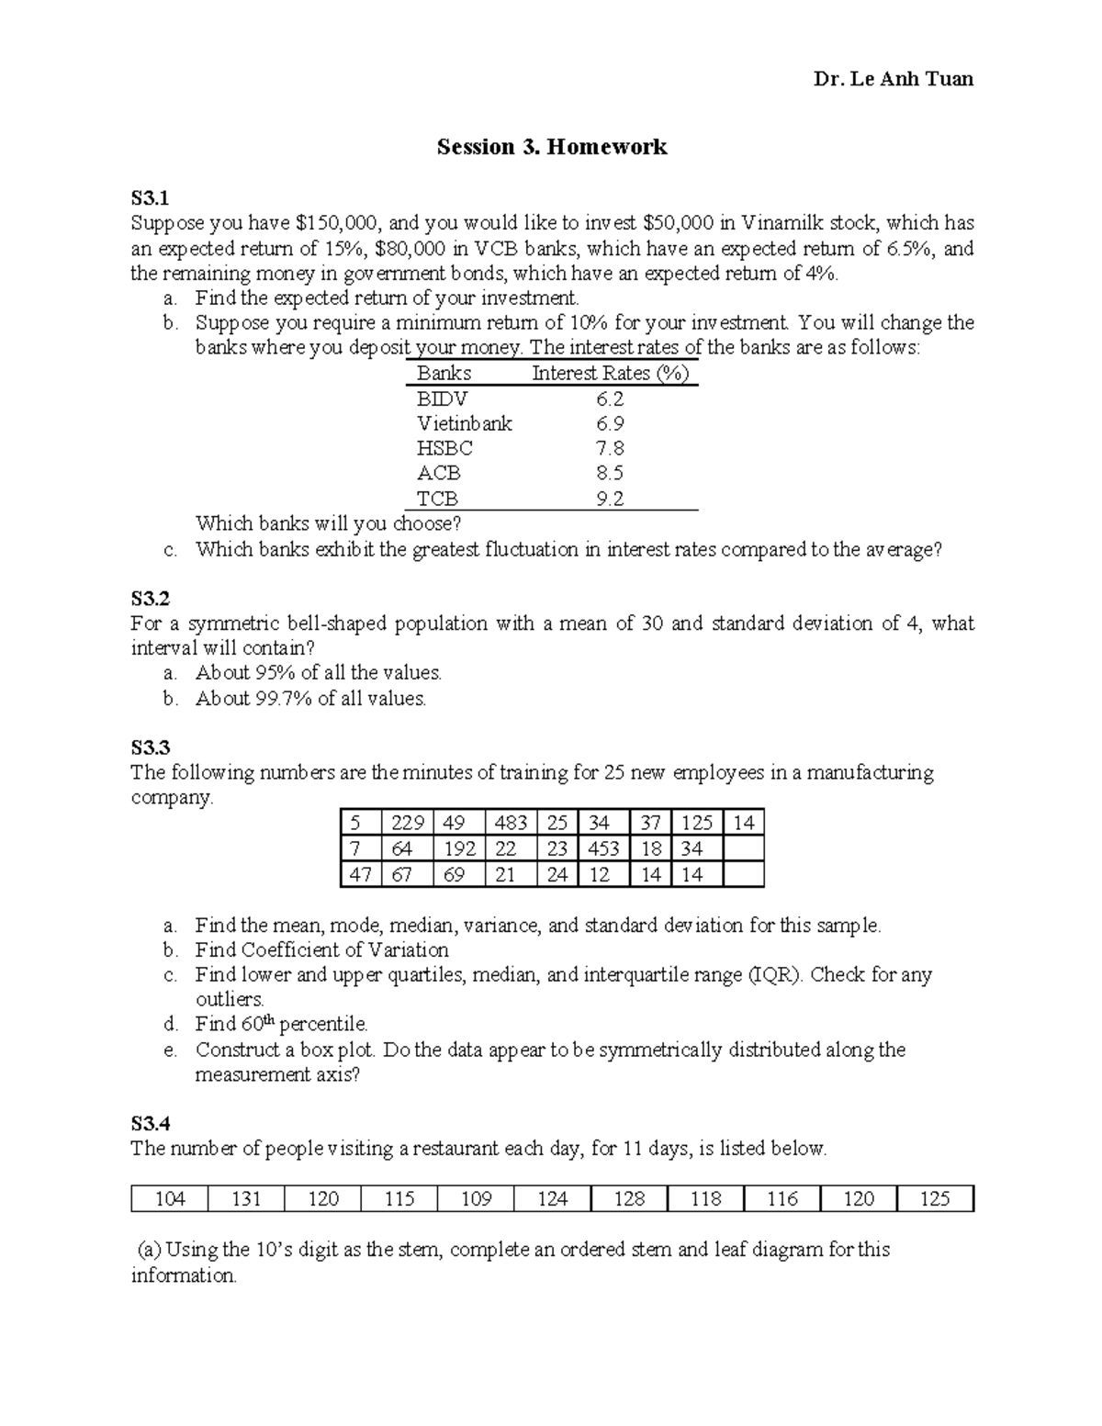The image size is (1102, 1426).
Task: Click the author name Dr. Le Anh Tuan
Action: point(893,79)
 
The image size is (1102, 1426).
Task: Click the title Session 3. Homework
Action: point(551,147)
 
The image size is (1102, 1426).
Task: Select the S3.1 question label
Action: point(150,197)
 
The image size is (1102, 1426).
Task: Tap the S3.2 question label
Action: point(150,599)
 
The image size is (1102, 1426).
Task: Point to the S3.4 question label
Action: point(150,1123)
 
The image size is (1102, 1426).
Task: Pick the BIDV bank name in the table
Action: point(442,399)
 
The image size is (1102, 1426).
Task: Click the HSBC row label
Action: point(444,448)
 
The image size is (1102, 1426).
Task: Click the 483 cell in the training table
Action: point(511,823)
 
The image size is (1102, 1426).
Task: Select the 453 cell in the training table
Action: point(603,848)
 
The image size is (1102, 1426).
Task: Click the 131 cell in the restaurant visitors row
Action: point(246,1198)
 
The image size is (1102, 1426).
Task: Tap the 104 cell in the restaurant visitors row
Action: point(170,1198)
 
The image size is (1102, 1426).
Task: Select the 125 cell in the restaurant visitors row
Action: point(934,1198)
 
